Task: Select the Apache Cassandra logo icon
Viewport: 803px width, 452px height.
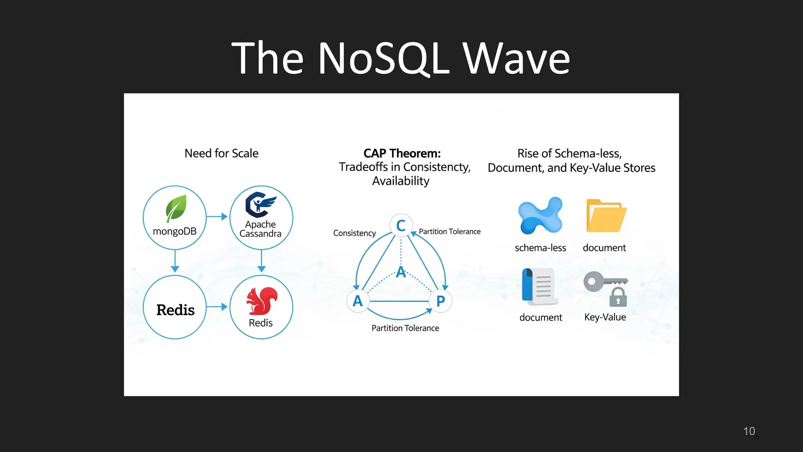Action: coord(260,204)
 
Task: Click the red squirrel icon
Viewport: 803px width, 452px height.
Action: coord(262,301)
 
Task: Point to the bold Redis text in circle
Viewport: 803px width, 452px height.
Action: coord(175,310)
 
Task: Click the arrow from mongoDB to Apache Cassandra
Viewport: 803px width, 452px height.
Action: coord(217,217)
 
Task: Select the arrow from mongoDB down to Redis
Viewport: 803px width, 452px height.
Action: coord(175,261)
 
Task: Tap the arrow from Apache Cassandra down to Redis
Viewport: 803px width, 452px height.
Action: coord(262,261)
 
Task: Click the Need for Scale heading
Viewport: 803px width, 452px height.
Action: coord(221,153)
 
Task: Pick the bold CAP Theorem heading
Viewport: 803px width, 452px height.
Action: coord(402,153)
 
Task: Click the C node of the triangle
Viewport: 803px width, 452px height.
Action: coord(401,226)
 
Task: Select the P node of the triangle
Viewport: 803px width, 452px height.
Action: coord(440,301)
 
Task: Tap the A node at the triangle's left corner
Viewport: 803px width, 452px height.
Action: coord(358,301)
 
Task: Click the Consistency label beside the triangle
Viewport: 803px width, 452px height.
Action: coord(354,233)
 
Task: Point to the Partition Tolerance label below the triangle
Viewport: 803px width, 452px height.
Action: coord(405,328)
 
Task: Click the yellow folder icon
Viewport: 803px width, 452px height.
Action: coord(606,216)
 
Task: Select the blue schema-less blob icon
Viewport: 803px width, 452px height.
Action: coord(540,215)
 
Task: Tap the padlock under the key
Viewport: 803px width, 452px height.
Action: coord(618,298)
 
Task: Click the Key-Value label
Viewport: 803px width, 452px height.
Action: coord(605,317)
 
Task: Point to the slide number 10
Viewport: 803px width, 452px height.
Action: coord(749,431)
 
